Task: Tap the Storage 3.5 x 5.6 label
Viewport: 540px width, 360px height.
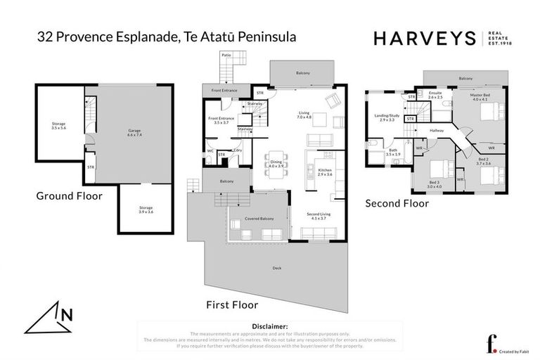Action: click(58, 127)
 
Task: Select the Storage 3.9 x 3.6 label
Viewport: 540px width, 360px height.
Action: click(146, 210)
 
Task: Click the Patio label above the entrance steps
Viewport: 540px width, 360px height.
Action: click(226, 54)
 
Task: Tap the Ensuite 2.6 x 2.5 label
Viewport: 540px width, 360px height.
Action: click(435, 95)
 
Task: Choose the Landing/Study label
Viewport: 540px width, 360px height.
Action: click(387, 118)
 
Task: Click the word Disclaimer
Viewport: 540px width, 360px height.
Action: click(269, 327)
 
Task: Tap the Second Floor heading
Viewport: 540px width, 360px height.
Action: click(397, 204)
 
